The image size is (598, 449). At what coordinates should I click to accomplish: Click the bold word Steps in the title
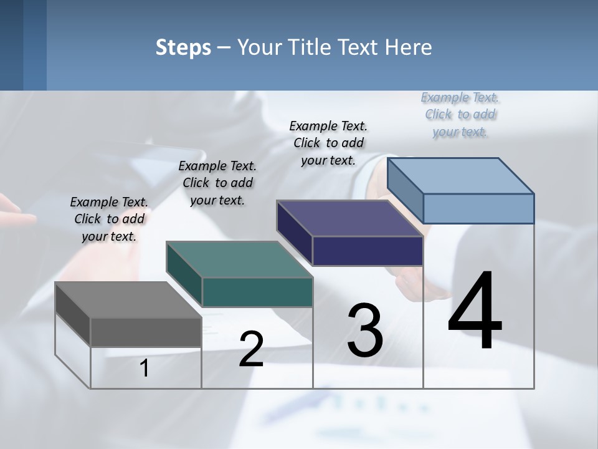coord(183,47)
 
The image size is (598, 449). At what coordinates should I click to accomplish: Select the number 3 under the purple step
coord(365,331)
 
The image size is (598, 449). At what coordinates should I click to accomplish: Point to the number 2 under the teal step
coord(251,349)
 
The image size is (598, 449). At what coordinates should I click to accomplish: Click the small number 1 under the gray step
coord(145,368)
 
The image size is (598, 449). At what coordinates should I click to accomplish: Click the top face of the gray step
coord(128,300)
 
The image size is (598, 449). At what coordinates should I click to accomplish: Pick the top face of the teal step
coord(239,259)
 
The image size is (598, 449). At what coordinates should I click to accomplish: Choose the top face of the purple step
coord(349,218)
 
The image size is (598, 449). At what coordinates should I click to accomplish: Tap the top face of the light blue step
coord(460,175)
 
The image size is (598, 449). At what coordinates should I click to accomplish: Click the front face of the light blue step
coord(478,208)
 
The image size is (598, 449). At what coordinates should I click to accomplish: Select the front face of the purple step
coord(368,251)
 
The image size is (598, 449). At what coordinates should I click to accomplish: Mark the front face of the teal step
coord(257,292)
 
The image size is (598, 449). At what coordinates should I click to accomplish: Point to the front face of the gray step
coord(146,332)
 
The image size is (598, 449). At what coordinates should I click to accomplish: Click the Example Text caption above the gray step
coord(109,219)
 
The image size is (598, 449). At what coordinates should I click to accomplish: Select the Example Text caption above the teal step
coord(217,183)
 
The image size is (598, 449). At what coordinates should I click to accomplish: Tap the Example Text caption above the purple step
coord(328,143)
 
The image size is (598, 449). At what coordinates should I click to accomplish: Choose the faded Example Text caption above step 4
coord(460,114)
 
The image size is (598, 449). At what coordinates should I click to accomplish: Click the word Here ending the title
coord(409,47)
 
